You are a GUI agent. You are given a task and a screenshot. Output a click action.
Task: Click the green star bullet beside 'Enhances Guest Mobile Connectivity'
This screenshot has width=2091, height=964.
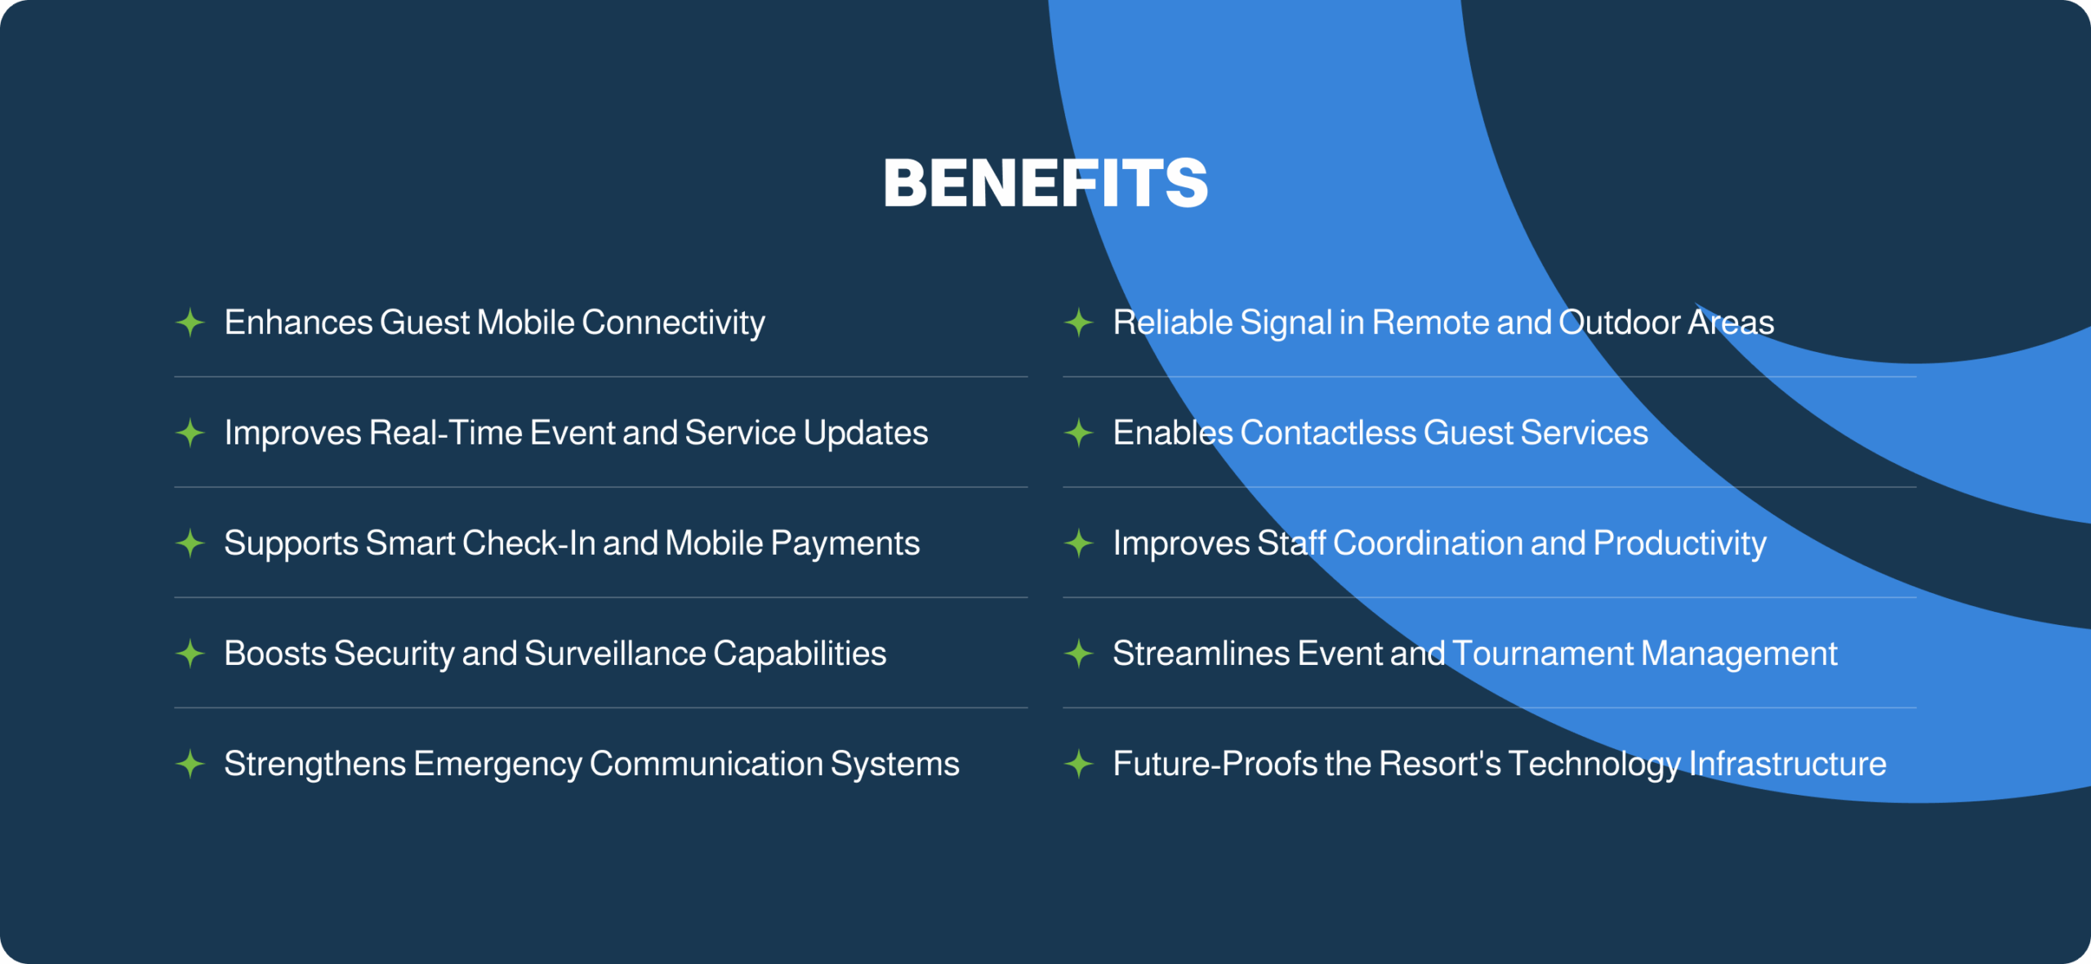pos(190,323)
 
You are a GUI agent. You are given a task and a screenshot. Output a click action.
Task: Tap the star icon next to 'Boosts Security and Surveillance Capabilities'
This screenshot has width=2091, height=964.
pos(190,654)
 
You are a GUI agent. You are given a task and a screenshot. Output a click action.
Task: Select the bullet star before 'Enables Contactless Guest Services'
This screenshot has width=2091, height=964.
pos(1079,433)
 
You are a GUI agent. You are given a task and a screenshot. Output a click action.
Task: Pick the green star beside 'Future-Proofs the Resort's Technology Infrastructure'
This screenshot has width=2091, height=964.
pos(1079,764)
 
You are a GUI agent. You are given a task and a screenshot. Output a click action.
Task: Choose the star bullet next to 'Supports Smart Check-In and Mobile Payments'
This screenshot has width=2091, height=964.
pos(190,543)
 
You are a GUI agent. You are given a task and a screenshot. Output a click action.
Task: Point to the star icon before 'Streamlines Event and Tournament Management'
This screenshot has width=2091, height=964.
pos(1079,654)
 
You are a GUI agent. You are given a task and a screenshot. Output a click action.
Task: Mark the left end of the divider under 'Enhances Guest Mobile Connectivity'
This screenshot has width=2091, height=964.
pos(175,377)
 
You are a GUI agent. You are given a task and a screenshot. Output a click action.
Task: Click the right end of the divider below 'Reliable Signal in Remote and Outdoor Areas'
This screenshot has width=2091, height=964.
pos(1916,377)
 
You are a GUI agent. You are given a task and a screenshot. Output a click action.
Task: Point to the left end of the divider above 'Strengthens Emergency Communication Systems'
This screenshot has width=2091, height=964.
pos(175,707)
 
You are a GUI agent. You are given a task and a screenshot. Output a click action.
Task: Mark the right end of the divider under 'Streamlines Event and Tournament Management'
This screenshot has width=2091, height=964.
pos(1916,707)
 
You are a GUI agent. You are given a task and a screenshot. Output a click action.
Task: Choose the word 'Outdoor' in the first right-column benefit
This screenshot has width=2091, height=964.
pos(1620,323)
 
